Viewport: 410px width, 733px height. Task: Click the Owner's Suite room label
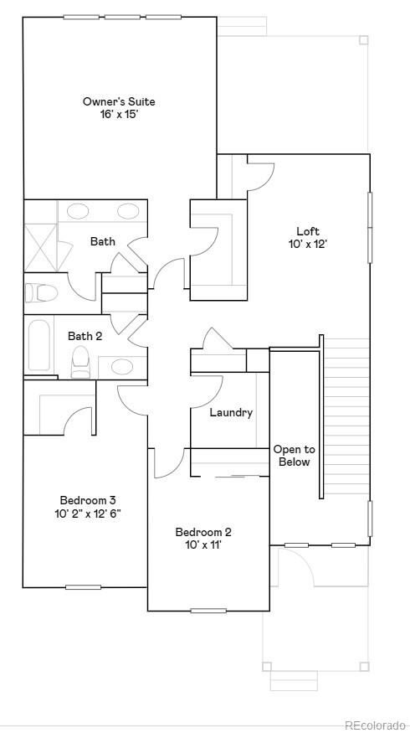pos(119,101)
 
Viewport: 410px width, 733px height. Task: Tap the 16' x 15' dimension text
pos(119,114)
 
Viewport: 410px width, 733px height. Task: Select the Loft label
pos(308,231)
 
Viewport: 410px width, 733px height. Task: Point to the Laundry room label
pos(231,412)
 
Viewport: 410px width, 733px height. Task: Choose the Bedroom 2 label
pos(203,532)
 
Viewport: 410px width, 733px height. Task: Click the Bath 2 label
pos(85,336)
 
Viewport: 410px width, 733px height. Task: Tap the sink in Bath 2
pos(122,366)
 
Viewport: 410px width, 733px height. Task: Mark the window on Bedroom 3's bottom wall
pos(83,586)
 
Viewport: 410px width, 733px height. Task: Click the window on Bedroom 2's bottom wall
pos(208,610)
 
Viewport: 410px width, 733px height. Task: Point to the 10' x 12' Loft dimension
pos(308,245)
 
